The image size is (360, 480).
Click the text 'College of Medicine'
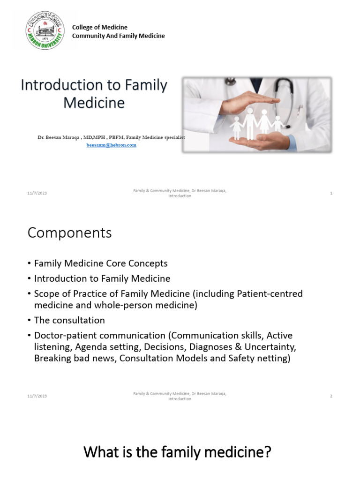click(99, 27)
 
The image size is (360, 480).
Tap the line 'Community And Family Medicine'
click(118, 36)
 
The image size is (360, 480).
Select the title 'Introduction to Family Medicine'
click(94, 93)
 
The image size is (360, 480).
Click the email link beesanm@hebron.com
click(111, 145)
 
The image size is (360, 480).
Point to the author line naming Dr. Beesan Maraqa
click(112, 137)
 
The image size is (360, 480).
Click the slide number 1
click(331, 193)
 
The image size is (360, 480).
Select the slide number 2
click(331, 396)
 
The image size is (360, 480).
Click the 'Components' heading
click(69, 232)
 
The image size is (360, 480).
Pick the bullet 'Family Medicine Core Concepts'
click(100, 263)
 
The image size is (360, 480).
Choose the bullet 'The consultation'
click(69, 320)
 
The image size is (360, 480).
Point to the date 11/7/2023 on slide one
click(37, 193)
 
